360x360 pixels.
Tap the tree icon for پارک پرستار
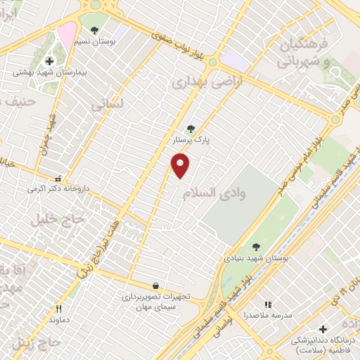pyautogui.click(x=191, y=129)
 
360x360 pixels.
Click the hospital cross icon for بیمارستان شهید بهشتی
pyautogui.click(x=49, y=61)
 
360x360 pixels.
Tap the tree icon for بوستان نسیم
pyautogui.click(x=95, y=30)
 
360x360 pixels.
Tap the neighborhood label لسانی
pyautogui.click(x=107, y=103)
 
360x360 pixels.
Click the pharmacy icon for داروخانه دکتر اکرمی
pyautogui.click(x=58, y=179)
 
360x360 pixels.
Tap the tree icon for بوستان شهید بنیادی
pyautogui.click(x=256, y=247)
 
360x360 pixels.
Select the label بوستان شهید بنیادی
pyautogui.click(x=250, y=258)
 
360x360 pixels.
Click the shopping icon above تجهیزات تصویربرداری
pyautogui.click(x=155, y=286)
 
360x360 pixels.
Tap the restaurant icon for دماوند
pyautogui.click(x=59, y=308)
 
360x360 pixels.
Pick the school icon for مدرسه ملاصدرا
pyautogui.click(x=267, y=304)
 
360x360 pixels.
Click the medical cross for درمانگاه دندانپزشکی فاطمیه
pyautogui.click(x=323, y=329)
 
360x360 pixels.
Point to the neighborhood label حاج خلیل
pyautogui.click(x=56, y=219)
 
